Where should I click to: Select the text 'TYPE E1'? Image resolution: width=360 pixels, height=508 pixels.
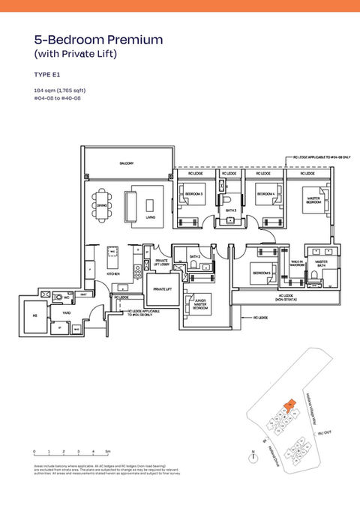point(47,75)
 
